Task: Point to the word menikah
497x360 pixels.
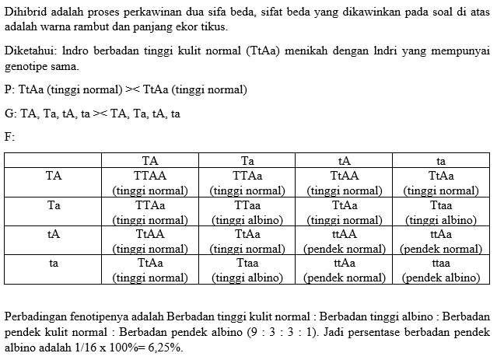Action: [305, 53]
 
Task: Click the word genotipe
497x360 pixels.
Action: [26, 68]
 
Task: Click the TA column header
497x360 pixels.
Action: [150, 161]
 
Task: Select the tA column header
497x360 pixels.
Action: [344, 161]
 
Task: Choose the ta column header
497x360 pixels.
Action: [440, 161]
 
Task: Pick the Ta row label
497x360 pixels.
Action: [54, 205]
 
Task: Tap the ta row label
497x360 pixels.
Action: [54, 263]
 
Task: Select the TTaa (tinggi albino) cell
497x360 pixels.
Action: [247, 211]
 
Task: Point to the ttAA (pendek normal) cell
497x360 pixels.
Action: [344, 240]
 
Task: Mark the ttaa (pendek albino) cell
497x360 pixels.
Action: [440, 269]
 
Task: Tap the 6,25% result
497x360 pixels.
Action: [164, 348]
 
